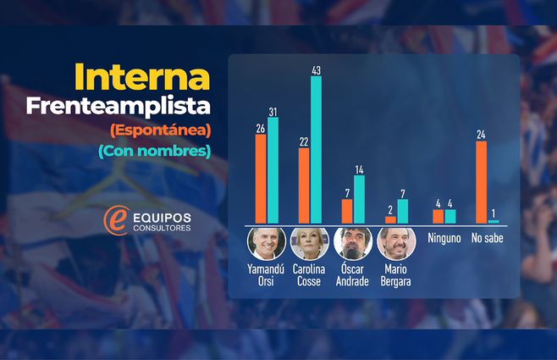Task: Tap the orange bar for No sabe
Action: (x=481, y=182)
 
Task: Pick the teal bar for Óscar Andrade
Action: (x=359, y=199)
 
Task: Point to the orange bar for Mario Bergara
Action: (x=390, y=219)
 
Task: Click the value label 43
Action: (x=316, y=71)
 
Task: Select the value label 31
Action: (x=273, y=111)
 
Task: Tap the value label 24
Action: (x=481, y=135)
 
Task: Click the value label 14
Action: (x=359, y=169)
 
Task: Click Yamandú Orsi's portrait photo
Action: (x=263, y=243)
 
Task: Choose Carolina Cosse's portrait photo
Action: (x=307, y=243)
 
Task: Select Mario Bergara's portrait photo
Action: (x=395, y=243)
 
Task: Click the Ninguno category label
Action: (x=444, y=240)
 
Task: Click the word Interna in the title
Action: (x=141, y=77)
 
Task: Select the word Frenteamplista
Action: (x=118, y=107)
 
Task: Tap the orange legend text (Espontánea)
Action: (x=160, y=130)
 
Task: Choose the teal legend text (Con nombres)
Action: (x=154, y=151)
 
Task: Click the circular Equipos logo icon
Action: (x=114, y=219)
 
